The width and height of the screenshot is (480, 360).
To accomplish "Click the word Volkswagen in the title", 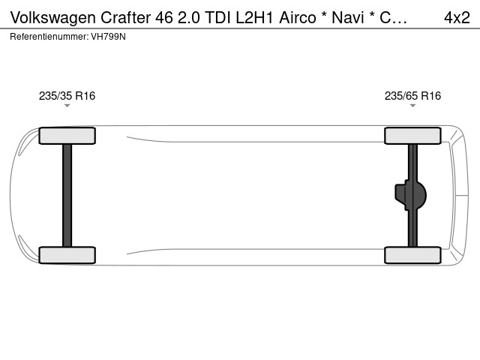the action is [53, 18].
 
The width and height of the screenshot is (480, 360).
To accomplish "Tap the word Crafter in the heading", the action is [125, 17].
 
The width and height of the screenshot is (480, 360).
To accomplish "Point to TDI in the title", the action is [217, 17].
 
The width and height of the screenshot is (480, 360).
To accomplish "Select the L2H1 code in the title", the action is [254, 17].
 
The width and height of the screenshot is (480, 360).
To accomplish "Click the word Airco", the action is [297, 17].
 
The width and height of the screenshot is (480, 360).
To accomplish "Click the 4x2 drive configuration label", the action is [457, 17].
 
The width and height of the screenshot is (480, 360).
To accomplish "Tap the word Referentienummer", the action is [49, 37].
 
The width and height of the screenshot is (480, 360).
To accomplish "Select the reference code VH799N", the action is [108, 37].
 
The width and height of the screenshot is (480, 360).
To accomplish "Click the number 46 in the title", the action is [164, 17].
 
